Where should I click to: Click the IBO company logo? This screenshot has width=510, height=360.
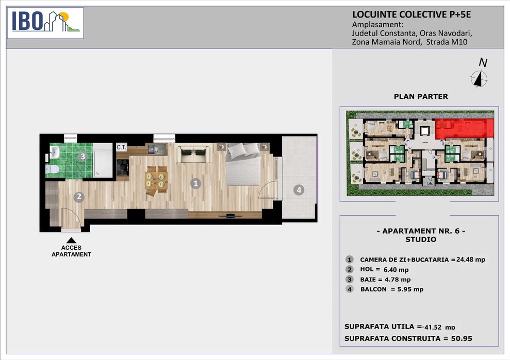(x=45, y=23)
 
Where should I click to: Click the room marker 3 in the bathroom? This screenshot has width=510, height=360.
(x=83, y=156)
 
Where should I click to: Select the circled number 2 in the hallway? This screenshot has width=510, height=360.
(x=79, y=197)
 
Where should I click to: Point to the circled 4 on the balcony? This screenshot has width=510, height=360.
(x=299, y=190)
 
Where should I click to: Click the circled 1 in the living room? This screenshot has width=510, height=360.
(x=195, y=183)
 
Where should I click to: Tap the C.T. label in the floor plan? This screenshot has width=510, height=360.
(x=121, y=147)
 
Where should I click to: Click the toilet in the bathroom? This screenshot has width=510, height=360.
(x=52, y=169)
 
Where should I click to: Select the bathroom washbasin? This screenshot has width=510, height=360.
(x=54, y=151)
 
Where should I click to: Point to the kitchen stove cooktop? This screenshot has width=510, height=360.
(x=123, y=167)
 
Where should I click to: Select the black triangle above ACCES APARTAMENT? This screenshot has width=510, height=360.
(x=71, y=241)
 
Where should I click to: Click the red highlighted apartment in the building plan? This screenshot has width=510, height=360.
(x=465, y=129)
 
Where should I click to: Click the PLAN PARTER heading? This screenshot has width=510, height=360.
(x=421, y=96)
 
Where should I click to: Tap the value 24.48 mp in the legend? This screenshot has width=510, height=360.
(x=471, y=259)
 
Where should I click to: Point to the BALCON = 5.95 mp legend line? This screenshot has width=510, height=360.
(x=391, y=289)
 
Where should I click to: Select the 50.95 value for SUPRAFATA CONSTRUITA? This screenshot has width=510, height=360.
(x=462, y=338)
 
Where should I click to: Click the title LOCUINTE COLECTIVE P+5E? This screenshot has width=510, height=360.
(x=412, y=14)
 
